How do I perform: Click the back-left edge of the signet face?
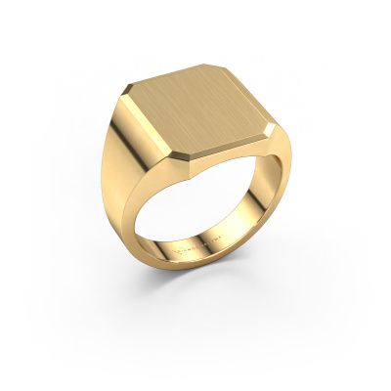point(161,76)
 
